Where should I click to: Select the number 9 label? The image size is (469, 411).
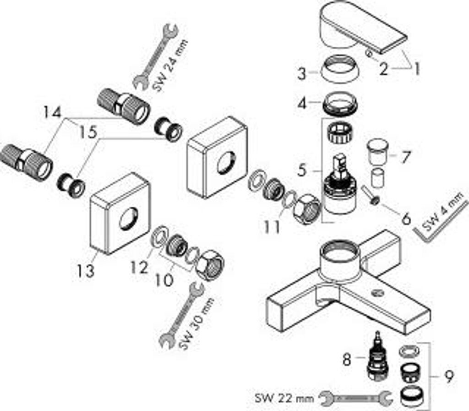coord(449,377)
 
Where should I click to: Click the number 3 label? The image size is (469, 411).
coord(301,73)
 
